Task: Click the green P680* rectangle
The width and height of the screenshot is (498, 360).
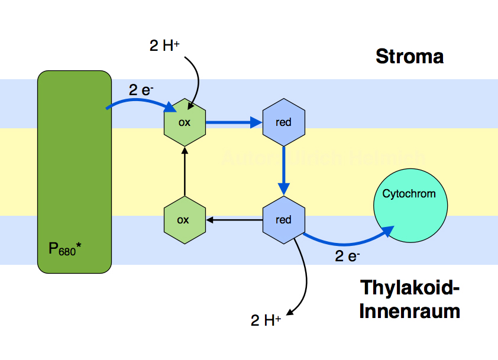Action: point(75,171)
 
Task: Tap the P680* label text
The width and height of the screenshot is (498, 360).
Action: point(64,249)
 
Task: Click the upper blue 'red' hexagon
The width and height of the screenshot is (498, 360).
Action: point(284,122)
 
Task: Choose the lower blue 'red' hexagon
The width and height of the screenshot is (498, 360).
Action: point(284,220)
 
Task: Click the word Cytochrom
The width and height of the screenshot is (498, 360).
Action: point(409,193)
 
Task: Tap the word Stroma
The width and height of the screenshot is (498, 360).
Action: point(409,57)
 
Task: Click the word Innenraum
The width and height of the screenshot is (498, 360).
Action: point(409,311)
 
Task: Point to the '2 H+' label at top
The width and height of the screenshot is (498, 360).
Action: point(164,46)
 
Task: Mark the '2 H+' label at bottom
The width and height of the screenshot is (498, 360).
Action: point(266,320)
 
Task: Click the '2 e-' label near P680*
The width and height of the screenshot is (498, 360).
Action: point(142,90)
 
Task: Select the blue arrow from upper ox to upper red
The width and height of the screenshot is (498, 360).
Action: point(234,123)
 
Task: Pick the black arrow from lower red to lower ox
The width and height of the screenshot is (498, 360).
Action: point(234,220)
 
